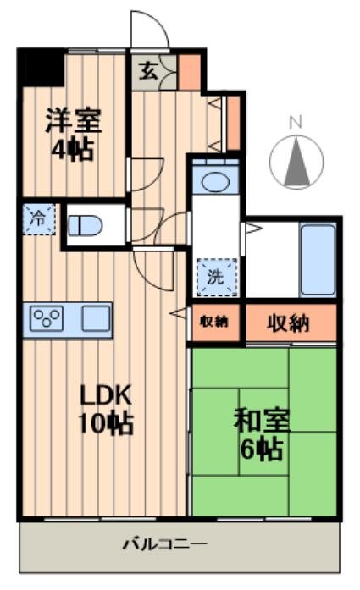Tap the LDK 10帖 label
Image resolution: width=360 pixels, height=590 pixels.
point(106,408)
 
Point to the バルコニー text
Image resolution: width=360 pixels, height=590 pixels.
point(164,542)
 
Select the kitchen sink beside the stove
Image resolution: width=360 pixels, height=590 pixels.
point(95,319)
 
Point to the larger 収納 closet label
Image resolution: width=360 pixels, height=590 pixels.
point(288,322)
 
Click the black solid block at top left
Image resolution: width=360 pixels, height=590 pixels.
point(42,67)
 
